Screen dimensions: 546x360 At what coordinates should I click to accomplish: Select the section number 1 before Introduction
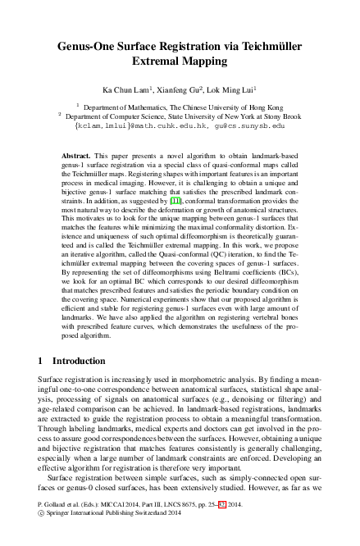click(42, 361)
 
